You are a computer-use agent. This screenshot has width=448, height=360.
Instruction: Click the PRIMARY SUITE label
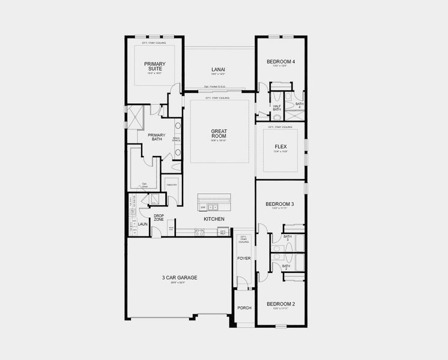point(154,67)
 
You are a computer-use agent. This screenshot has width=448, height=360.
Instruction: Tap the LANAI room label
point(218,70)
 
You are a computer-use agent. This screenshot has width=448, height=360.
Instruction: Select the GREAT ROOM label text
point(218,134)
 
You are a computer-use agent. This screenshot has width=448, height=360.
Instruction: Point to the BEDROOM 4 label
point(280,62)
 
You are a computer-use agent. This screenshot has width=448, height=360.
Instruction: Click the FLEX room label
point(280,147)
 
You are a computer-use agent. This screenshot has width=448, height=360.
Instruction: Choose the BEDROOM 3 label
point(280,204)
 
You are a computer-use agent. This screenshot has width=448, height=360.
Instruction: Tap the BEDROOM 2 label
point(280,304)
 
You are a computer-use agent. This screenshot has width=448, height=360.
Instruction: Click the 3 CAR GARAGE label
point(179,277)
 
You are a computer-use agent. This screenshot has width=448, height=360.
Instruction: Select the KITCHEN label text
point(214,219)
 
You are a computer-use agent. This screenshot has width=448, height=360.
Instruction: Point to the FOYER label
point(244,258)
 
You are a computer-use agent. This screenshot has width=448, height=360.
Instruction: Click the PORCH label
point(244,308)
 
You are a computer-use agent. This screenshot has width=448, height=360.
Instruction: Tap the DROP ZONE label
point(159,217)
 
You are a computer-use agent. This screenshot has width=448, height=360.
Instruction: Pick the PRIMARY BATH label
point(156,137)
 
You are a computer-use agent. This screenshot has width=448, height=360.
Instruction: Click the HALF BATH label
point(277,107)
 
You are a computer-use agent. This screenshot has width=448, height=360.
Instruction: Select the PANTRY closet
point(171,185)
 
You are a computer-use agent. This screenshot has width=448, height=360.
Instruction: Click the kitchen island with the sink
point(214,203)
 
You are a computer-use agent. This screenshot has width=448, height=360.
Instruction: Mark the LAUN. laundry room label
point(142,224)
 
